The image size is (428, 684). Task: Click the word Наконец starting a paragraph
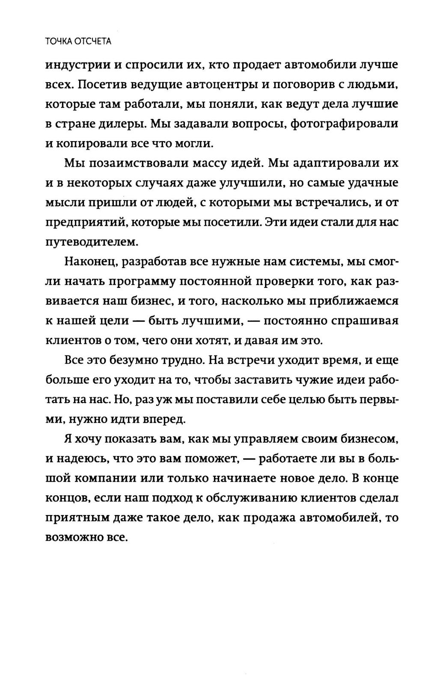pyautogui.click(x=90, y=262)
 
